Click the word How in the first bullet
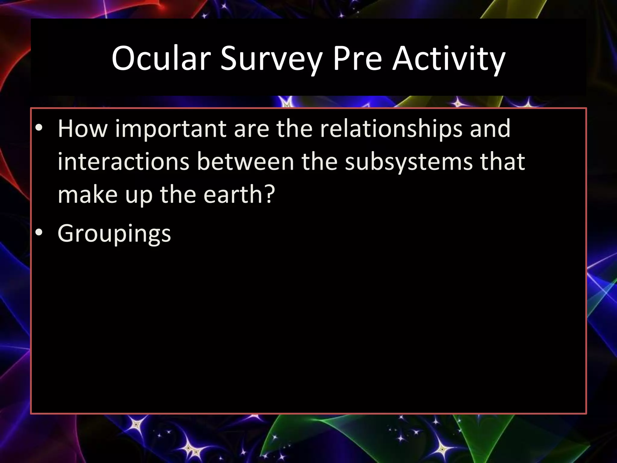83,129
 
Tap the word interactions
123,162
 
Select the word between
246,162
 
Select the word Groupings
114,234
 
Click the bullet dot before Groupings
39,233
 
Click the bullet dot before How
39,128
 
